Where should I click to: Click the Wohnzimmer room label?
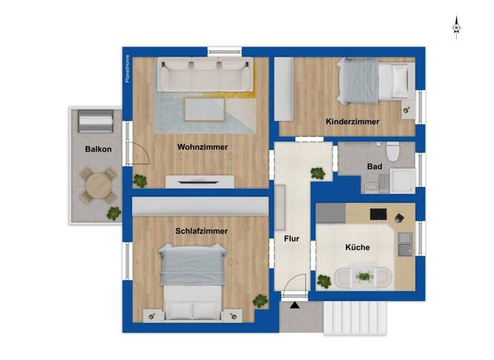click(203, 147)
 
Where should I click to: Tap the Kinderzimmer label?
click(352, 122)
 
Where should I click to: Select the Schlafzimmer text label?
click(201, 231)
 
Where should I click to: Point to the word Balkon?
click(98, 149)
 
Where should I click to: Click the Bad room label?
click(374, 166)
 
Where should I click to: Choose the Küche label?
click(357, 247)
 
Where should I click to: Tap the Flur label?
click(292, 239)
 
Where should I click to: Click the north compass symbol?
click(457, 28)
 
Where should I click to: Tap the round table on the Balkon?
click(98, 184)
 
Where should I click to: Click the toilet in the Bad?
click(394, 153)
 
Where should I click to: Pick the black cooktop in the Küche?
click(377, 214)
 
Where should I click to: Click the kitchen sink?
click(405, 248)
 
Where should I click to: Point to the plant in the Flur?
click(317, 173)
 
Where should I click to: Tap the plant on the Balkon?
click(114, 212)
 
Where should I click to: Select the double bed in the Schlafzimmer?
click(192, 280)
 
